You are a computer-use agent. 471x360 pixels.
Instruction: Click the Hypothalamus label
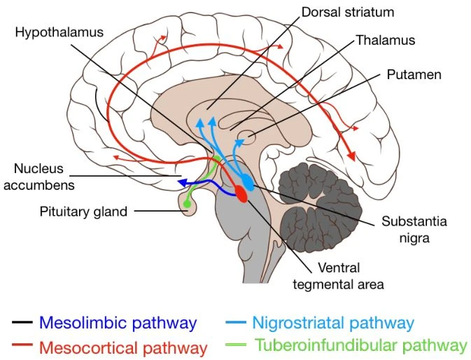pos(59,33)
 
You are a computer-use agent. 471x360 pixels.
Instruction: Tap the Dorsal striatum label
pos(348,13)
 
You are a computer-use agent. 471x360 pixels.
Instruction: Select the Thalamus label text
pos(386,40)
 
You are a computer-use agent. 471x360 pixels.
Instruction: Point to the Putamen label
pos(414,74)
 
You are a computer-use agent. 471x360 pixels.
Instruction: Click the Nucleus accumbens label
pos(39,177)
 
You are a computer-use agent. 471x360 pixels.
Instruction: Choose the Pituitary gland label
pos(83,212)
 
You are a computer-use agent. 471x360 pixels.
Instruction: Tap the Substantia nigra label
pos(414,230)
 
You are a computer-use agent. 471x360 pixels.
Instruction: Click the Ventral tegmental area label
pos(339,276)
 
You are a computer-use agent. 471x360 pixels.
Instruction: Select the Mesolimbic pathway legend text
pos(118,323)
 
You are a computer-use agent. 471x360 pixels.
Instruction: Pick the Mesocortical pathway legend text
pos(123,348)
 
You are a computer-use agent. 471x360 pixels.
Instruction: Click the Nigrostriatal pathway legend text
pos(333,323)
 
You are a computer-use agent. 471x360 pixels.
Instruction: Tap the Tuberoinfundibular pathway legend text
pos(361,345)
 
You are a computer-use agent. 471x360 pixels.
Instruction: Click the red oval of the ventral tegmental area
pos(241,194)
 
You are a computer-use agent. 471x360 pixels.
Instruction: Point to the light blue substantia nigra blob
pos(248,181)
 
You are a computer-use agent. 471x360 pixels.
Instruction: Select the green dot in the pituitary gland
pos(187,204)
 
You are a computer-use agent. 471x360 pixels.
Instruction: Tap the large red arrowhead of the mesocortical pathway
pos(351,156)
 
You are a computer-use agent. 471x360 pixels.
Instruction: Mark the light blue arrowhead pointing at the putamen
pos(239,141)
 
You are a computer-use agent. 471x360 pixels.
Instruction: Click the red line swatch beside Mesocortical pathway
pos(22,345)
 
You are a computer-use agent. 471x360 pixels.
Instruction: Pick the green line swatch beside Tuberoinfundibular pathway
pos(236,345)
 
